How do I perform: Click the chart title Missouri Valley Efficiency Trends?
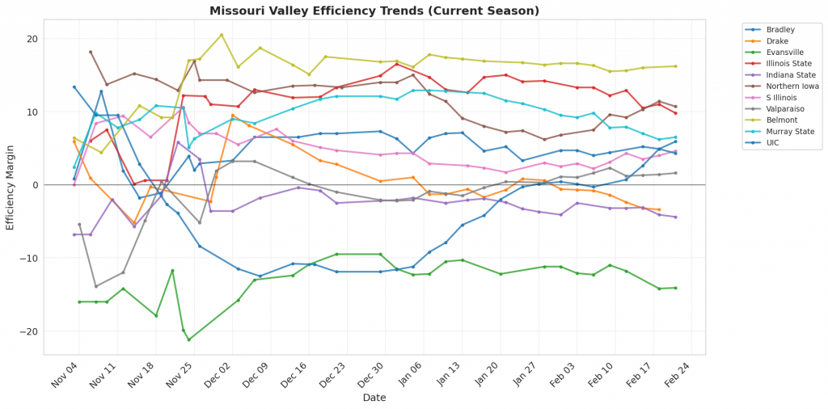[x=374, y=11]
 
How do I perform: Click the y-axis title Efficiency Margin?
[x=11, y=185]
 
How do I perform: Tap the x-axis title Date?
[x=374, y=398]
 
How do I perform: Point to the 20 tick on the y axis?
[x=32, y=39]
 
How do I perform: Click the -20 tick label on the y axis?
[x=29, y=331]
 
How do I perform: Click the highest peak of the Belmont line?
[x=222, y=35]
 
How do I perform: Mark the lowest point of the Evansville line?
[x=189, y=339]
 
